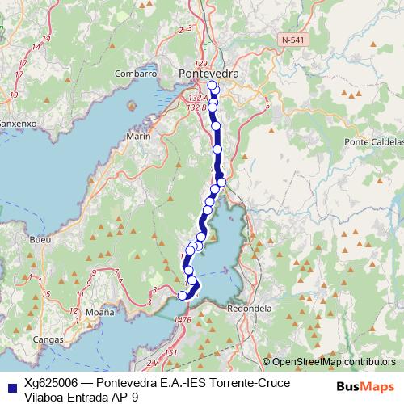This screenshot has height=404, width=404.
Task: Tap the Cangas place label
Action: click(51, 340)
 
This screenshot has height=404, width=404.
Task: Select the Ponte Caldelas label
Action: click(372, 142)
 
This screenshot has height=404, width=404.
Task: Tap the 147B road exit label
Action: click(183, 320)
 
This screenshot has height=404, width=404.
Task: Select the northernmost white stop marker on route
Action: click(213, 86)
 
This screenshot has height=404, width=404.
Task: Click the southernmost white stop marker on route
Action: click(183, 296)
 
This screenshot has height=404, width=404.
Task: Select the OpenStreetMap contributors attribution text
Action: click(333, 362)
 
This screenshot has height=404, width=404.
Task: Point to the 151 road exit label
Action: click(170, 352)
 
